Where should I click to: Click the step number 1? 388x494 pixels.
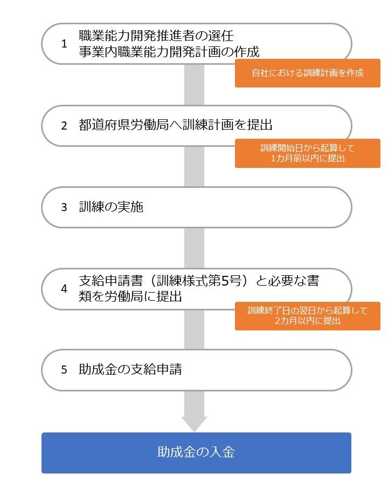[x=64, y=44]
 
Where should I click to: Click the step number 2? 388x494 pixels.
[x=64, y=126]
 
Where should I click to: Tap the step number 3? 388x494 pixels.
[x=64, y=207]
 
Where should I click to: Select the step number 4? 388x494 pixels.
[x=64, y=289]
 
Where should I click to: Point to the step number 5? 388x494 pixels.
[x=64, y=369]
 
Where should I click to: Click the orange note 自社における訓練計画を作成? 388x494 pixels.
[x=308, y=73]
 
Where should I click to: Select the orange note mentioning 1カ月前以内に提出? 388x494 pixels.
[x=308, y=153]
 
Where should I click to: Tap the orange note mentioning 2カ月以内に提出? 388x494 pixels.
[x=308, y=316]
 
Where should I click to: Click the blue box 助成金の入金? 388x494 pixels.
[x=196, y=453]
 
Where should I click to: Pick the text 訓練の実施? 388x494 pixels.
[x=111, y=207]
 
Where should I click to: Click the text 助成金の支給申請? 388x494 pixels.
[x=130, y=369]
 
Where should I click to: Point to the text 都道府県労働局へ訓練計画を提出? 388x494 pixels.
[x=176, y=125]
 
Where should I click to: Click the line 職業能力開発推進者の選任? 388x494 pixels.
[x=156, y=36]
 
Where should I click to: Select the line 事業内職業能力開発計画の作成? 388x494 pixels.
[x=169, y=52]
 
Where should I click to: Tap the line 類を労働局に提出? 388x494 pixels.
[x=130, y=296]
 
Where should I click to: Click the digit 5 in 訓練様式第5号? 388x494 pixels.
[x=225, y=280]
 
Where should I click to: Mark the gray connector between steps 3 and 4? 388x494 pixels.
[x=195, y=248]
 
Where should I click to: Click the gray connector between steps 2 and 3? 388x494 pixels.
[x=195, y=167]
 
